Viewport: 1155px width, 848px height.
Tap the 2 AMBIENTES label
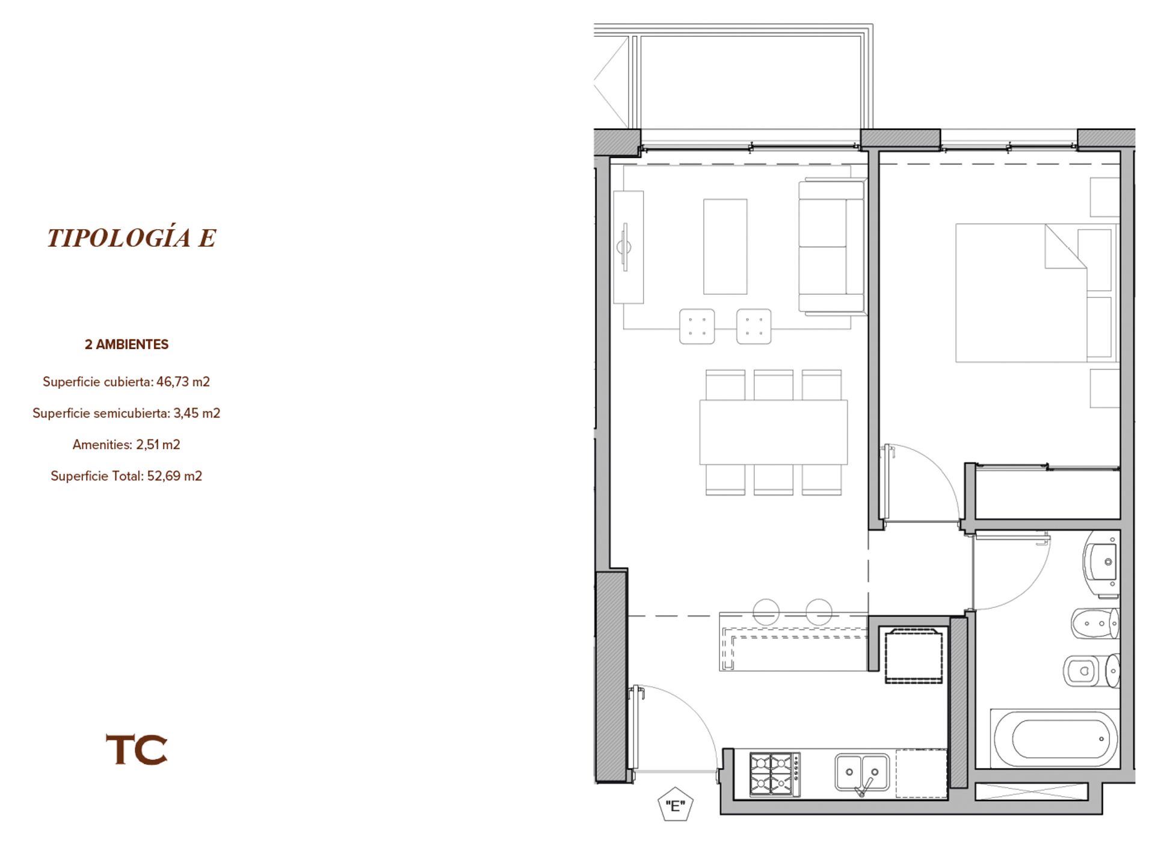tap(126, 344)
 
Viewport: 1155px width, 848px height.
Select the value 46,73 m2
tap(183, 382)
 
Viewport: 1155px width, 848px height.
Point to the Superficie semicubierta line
tap(126, 413)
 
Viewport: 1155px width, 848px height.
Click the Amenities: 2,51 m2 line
tap(126, 444)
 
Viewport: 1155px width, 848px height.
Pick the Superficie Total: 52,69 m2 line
tap(126, 475)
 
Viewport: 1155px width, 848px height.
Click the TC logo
tap(137, 749)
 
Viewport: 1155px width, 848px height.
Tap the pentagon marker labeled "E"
tap(676, 805)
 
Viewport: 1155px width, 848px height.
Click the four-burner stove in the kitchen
tap(775, 775)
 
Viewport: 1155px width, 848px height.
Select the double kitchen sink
tap(862, 773)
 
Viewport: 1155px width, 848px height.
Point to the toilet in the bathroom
tap(1091, 670)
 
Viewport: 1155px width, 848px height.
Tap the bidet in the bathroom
tap(1095, 624)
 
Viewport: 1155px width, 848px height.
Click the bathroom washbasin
tap(1101, 564)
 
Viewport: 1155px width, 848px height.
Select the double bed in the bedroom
tap(1035, 293)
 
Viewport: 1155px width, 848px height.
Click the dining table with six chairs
tap(773, 432)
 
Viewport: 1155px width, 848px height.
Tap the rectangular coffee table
tap(725, 247)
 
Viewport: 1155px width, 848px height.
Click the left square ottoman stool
tap(697, 326)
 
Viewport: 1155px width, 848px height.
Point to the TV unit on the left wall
tap(628, 247)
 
